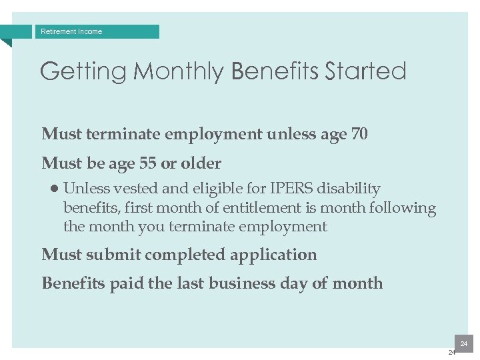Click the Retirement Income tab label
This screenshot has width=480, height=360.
tap(71, 31)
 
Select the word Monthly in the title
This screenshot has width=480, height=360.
tap(179, 71)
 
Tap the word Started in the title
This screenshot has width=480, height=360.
tap(365, 71)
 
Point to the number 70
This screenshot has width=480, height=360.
tap(359, 134)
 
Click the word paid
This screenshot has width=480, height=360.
tap(127, 283)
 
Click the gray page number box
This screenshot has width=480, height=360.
tap(463, 343)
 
